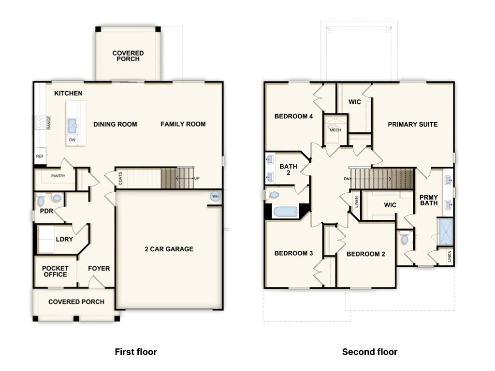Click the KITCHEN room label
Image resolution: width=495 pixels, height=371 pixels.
[68, 93]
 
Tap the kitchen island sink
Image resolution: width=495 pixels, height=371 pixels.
[73, 126]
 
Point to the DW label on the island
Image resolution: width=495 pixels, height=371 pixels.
[73, 140]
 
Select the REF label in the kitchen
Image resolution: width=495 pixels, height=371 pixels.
[40, 157]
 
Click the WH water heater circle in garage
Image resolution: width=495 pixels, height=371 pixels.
[215, 197]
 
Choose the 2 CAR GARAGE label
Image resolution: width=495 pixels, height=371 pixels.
[169, 249]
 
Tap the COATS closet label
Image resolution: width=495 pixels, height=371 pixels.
[120, 179]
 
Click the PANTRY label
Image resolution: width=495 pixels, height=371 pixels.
[58, 176]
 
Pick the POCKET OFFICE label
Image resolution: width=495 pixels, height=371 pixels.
[55, 271]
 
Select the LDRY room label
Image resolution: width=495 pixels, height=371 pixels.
[64, 239]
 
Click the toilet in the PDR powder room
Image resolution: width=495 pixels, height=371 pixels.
[41, 199]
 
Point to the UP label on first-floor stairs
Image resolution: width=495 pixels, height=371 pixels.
[197, 179]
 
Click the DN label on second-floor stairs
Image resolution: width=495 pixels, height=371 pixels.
[347, 179]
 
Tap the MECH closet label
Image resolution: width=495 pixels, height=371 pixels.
[335, 130]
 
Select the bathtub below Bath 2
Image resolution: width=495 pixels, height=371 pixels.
[285, 212]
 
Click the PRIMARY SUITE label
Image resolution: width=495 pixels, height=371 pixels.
[412, 124]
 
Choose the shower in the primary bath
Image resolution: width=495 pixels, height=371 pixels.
[445, 232]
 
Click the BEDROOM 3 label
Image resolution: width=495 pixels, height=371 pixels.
[293, 253]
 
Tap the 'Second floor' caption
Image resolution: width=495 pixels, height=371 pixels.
[369, 352]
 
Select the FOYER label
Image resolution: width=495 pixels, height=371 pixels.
[99, 269]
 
